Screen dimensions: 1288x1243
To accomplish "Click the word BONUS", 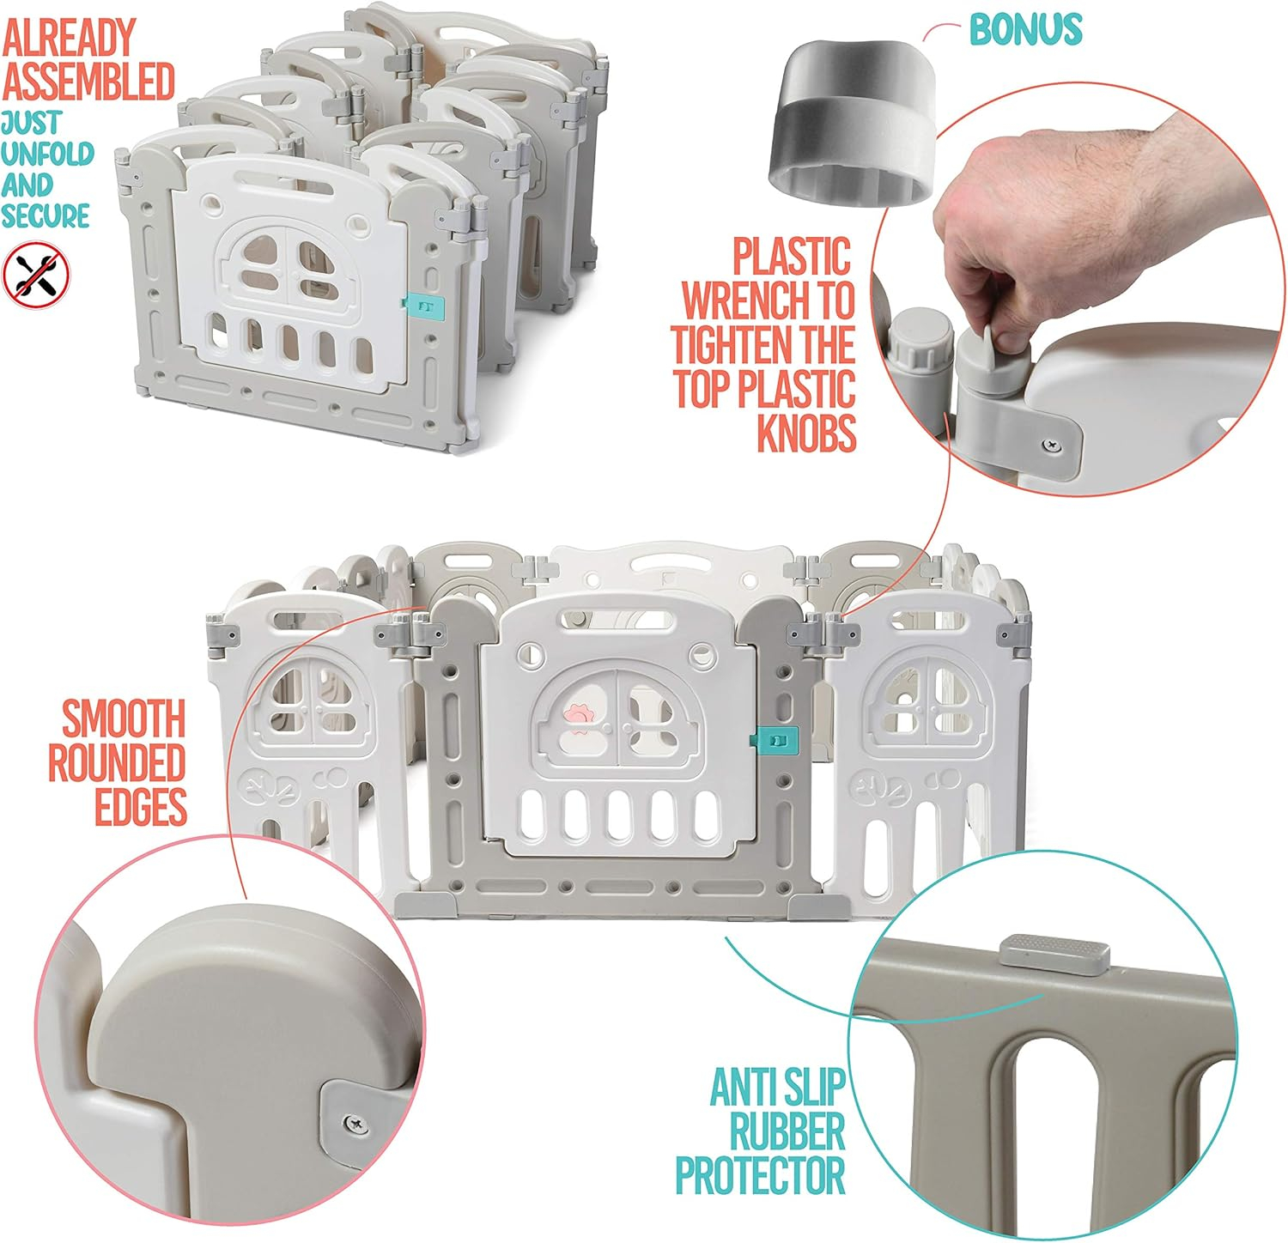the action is click(x=1025, y=28).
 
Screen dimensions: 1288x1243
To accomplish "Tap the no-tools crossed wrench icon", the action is click(x=36, y=273).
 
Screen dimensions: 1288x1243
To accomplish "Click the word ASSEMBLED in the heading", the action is click(x=88, y=81).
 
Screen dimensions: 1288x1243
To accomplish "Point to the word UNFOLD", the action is click(x=47, y=154).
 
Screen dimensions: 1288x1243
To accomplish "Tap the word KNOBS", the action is click(x=806, y=433).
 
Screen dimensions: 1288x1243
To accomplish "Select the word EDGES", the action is click(x=141, y=806).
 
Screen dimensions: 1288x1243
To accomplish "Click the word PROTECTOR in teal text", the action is click(x=760, y=1173).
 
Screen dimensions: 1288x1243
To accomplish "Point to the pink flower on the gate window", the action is click(x=574, y=716).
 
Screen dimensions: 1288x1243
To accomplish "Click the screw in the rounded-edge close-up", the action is click(x=354, y=1122).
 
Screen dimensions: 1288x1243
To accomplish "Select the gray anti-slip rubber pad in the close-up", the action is click(x=1055, y=955).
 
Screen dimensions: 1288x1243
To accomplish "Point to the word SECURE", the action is click(x=46, y=215).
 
